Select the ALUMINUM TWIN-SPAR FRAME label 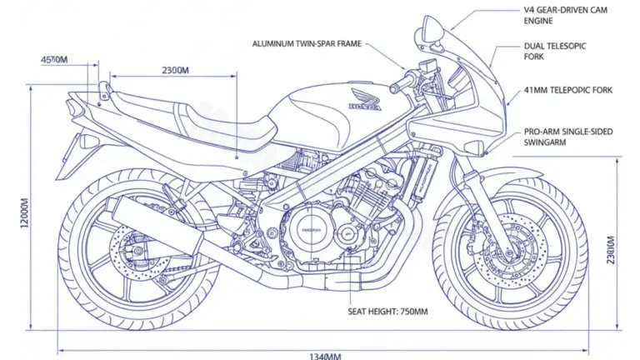[307, 42]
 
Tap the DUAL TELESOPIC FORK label [555, 52]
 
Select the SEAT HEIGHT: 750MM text [387, 312]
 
